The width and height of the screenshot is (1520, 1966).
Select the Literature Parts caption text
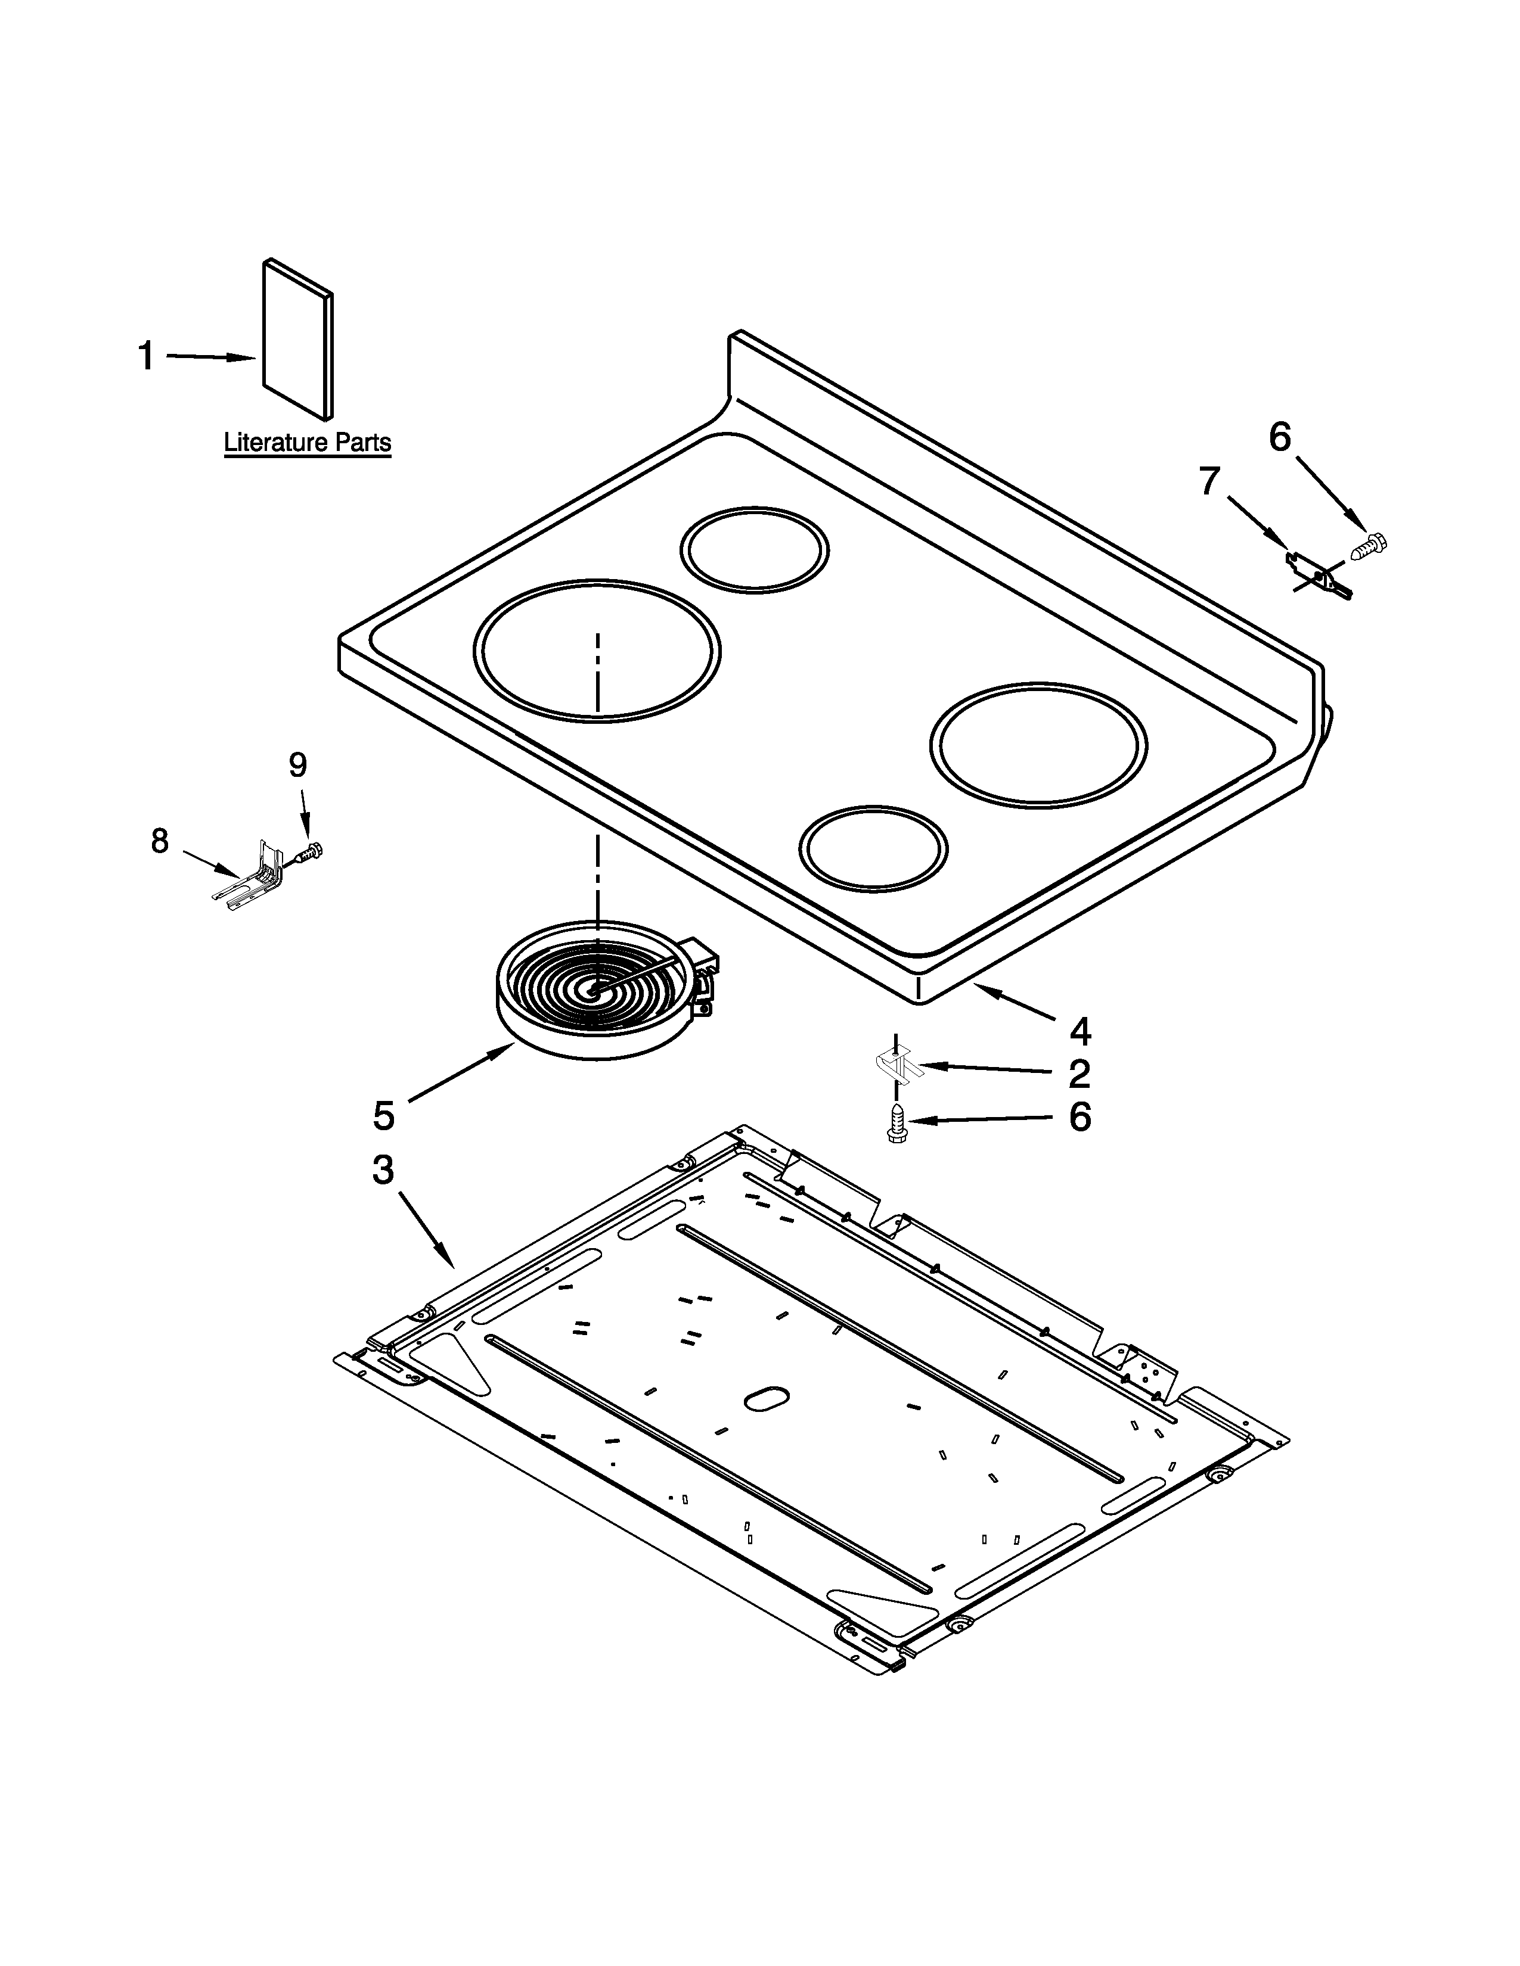307,443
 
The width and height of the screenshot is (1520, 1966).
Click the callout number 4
1079,1032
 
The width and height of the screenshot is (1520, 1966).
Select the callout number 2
1079,1074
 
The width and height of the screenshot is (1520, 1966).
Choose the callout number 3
384,1170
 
